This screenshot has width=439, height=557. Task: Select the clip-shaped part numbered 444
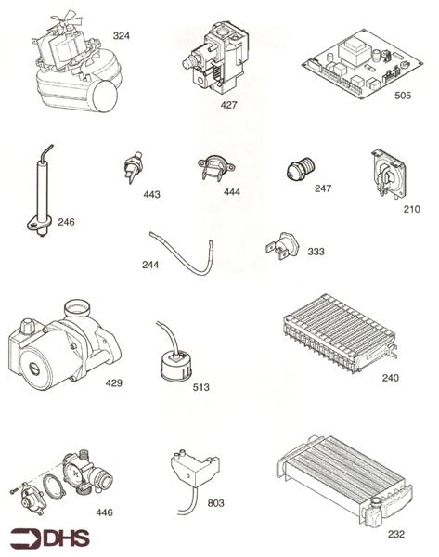point(213,169)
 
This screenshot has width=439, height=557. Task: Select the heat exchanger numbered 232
point(348,483)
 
